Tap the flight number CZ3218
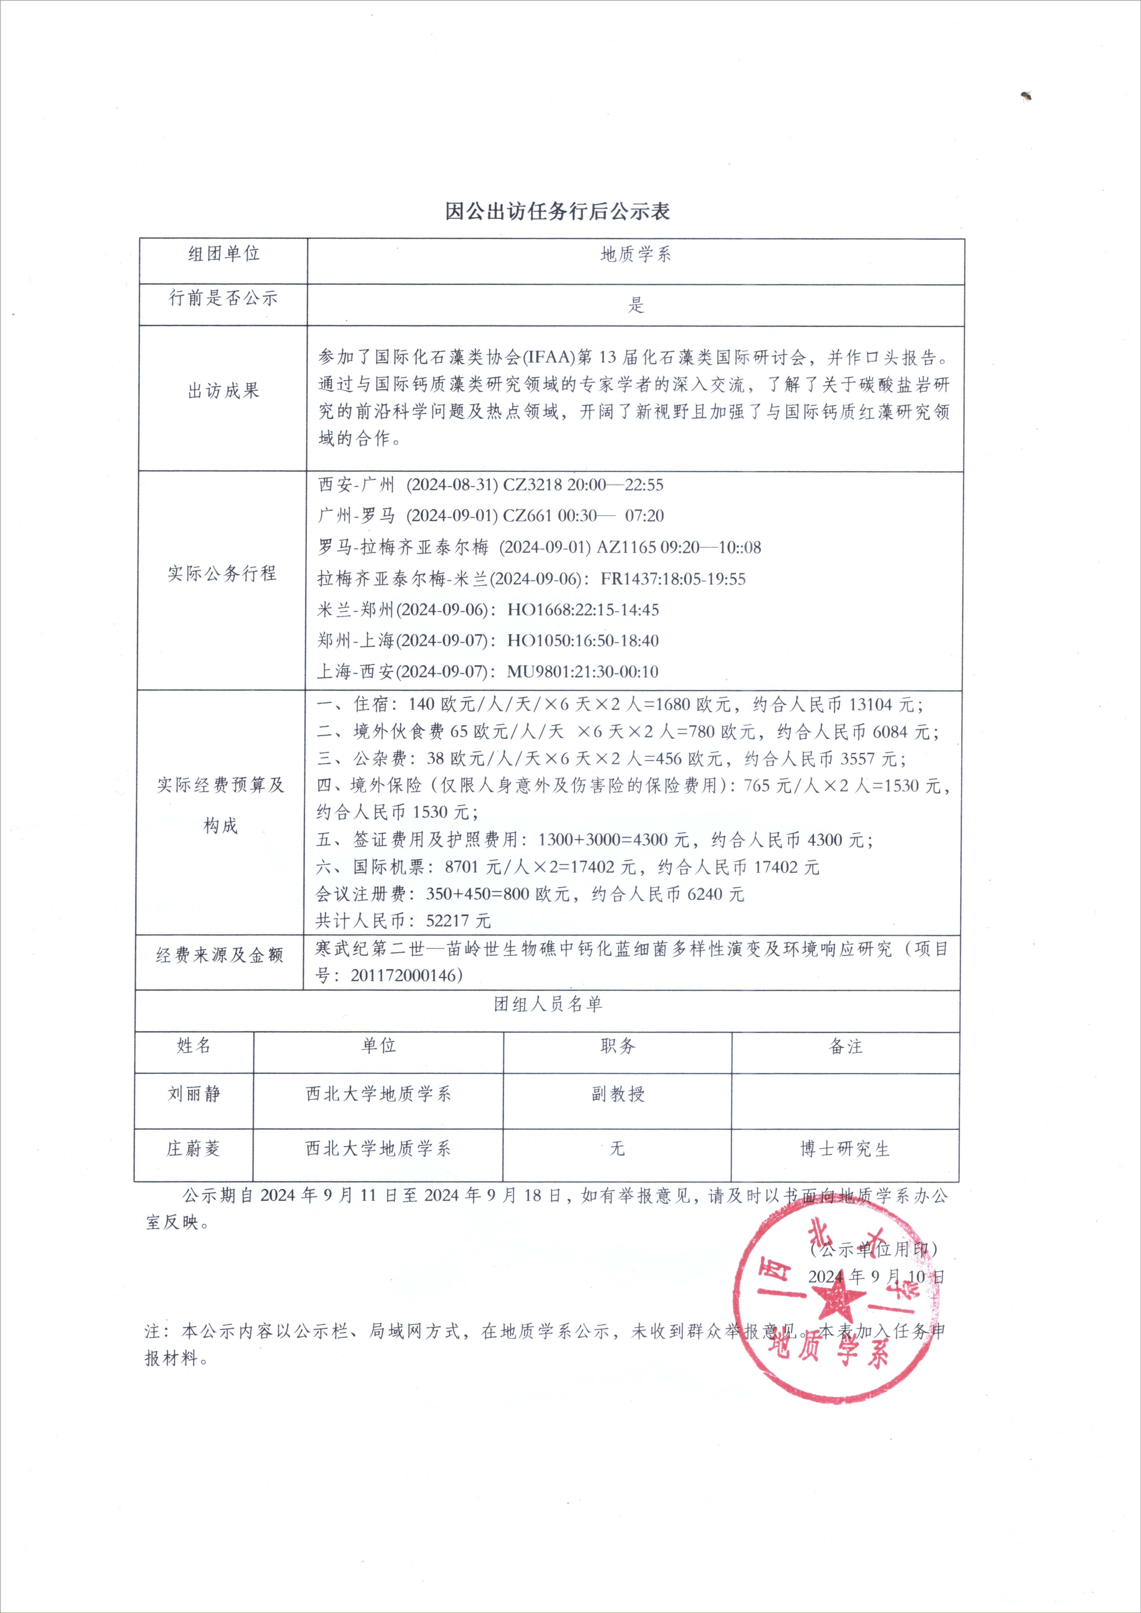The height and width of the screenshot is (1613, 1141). [533, 485]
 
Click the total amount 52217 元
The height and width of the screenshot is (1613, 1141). [458, 920]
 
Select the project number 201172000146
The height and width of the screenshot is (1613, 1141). [406, 975]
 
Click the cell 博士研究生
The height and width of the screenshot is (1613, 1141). [845, 1149]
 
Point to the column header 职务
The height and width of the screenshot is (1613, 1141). [617, 1046]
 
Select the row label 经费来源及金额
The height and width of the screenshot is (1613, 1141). [219, 955]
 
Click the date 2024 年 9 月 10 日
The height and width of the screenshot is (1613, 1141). [875, 1277]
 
